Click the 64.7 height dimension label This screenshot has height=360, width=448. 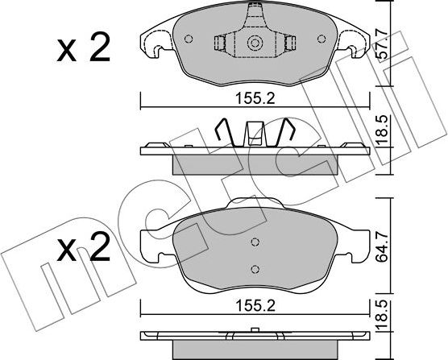tap(382, 246)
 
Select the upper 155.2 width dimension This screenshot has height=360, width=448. tap(255, 99)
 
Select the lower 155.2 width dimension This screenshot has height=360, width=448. tap(255, 306)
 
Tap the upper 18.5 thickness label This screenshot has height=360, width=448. tap(382, 130)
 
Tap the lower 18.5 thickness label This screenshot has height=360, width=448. tap(382, 315)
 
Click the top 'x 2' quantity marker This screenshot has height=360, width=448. tap(84, 48)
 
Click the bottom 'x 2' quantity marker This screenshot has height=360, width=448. tap(84, 246)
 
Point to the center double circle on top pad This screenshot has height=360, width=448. tap(255, 43)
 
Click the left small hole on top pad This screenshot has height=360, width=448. tap(189, 39)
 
